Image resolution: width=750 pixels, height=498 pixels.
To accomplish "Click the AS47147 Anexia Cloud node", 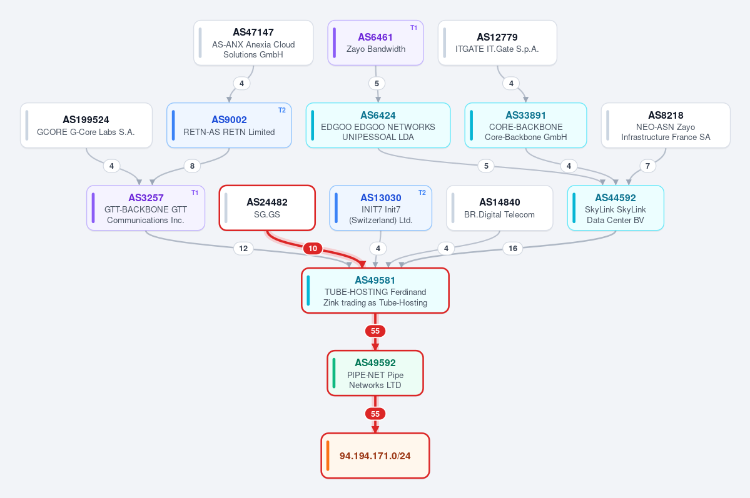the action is [253, 42].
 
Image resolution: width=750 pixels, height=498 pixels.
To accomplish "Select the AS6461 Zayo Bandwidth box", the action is [375, 42].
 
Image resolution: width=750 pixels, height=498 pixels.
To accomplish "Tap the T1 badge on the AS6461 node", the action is [413, 27].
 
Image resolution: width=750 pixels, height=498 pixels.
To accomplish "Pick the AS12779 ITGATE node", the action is [497, 42].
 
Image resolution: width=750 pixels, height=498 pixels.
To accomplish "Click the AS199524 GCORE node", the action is [86, 125].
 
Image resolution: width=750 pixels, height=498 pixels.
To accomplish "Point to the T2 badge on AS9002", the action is [281, 111].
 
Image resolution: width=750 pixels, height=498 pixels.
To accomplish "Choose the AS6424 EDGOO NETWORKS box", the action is [378, 125].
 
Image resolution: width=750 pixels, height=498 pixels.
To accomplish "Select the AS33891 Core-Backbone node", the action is [525, 125].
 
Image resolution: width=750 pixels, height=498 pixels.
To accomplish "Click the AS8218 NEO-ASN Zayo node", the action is [666, 125].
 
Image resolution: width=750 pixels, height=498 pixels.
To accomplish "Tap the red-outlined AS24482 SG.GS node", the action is [267, 208].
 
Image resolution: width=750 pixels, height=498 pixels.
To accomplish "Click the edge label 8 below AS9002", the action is [192, 166].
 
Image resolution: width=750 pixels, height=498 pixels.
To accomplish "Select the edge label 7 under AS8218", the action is [647, 166].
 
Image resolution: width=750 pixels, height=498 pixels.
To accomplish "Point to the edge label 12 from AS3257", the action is [243, 249].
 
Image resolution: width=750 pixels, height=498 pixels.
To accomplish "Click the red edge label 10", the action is [313, 249].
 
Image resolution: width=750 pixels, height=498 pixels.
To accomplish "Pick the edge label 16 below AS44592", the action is [513, 249].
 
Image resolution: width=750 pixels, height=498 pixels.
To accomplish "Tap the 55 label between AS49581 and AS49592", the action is [375, 331].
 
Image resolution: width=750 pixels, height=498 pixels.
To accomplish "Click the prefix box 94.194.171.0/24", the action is [375, 456].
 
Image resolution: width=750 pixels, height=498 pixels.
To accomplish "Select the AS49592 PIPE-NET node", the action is [375, 373].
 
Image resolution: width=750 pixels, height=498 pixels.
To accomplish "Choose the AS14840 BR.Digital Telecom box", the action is [499, 208].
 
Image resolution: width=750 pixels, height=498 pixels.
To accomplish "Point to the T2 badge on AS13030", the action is [422, 192].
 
